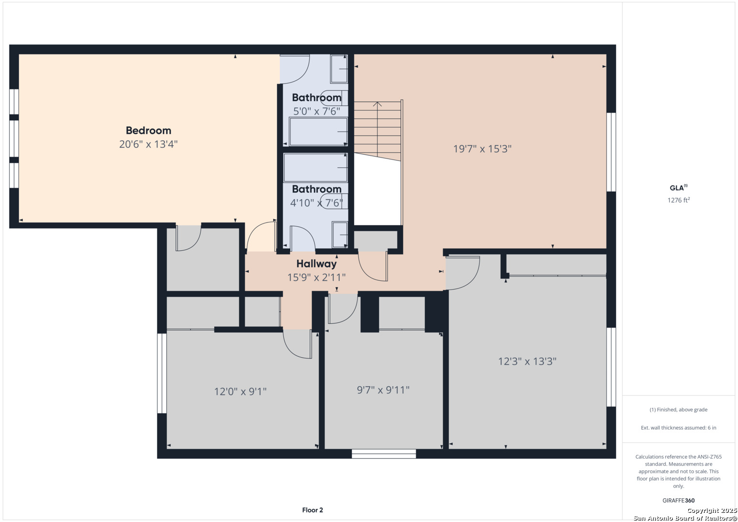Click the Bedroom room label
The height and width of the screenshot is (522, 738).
coord(148,130)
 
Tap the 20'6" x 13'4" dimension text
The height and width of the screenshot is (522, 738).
coord(148,145)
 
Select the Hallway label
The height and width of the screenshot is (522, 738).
coord(316,263)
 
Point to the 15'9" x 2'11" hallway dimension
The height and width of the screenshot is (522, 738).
coord(316,277)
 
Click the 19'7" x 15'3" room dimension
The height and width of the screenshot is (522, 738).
coord(482,149)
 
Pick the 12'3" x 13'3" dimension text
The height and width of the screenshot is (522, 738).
coord(527,362)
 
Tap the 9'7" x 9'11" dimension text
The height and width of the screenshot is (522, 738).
coord(383,390)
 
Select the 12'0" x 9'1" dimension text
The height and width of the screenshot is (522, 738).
coord(240,391)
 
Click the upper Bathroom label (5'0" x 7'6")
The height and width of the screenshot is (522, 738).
coord(317,98)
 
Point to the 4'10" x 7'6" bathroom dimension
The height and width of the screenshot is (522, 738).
coord(316,203)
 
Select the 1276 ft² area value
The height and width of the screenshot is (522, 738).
coord(679,200)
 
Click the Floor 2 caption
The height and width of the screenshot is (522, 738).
coord(312,510)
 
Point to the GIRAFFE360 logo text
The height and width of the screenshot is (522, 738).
coord(679,500)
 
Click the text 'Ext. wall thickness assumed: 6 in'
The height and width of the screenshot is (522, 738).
coord(679,428)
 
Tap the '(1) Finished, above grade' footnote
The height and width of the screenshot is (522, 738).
coord(679,410)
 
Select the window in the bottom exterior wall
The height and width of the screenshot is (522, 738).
coord(384,454)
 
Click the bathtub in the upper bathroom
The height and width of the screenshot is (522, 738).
coord(318,131)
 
